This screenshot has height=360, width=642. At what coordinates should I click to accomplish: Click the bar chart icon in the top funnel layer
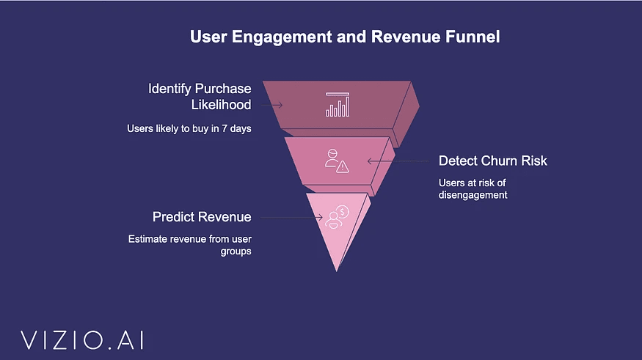coord(338,105)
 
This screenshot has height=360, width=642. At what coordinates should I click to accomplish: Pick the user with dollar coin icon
coord(338,216)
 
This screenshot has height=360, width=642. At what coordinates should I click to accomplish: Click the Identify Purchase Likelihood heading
coord(200,97)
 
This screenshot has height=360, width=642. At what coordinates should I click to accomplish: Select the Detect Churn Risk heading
coord(493,161)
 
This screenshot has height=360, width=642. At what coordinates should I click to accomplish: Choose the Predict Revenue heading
coord(202,217)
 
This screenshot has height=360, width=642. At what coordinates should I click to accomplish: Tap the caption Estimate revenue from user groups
coord(190,245)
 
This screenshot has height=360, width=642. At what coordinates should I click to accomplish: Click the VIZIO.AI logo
coord(81,339)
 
